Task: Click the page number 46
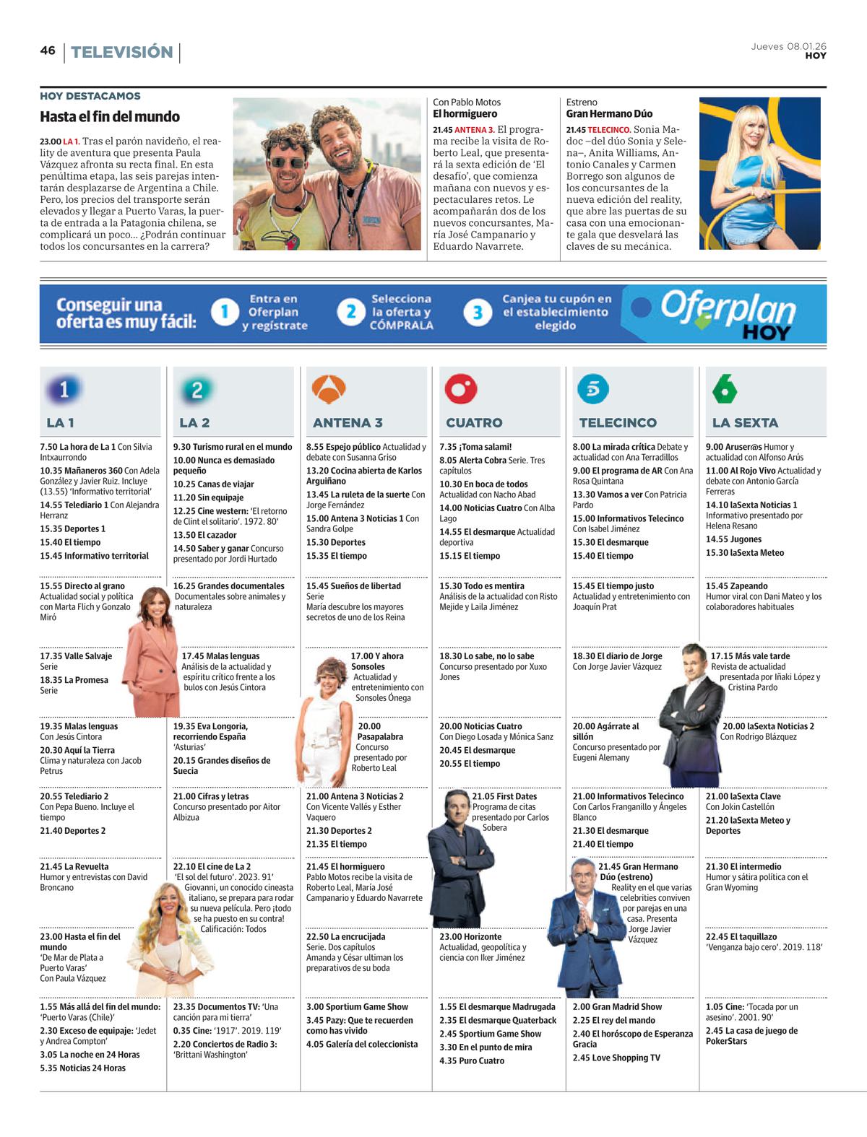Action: (48, 51)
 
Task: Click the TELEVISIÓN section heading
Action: (122, 52)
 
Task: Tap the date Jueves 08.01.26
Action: (789, 46)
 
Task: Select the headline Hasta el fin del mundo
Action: (110, 117)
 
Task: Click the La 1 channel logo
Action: (64, 390)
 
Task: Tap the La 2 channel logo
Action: (197, 390)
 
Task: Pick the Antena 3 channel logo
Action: (329, 390)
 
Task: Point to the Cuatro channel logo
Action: (462, 390)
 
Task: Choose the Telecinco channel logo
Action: (594, 390)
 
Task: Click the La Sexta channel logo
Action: (725, 390)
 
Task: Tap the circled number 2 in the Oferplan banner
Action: (351, 312)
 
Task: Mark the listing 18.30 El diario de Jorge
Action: (617, 656)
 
